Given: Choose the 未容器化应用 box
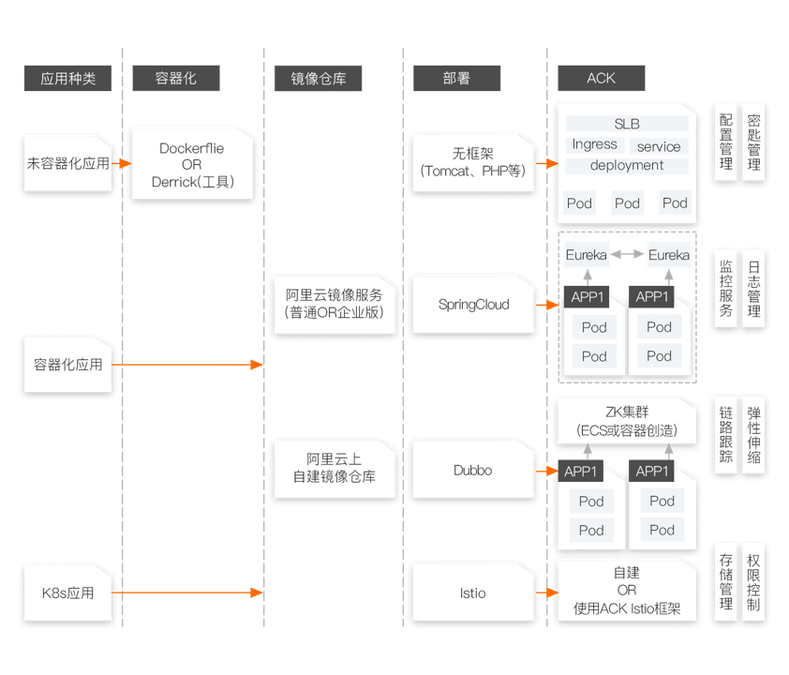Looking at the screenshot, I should pos(67,163).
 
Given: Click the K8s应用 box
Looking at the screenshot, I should pos(67,592).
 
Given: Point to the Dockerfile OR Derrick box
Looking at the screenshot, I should pos(192,164).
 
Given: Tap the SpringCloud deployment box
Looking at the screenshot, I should pos(473,305).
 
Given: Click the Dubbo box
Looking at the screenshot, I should pos(473,471).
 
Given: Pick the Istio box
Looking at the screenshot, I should pos(473,592).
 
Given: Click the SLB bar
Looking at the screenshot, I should pos(627,124).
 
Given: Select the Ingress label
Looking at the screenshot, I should pos(594,145).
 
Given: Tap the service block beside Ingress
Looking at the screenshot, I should pos(659,146).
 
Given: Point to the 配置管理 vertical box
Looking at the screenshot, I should pos(726,143).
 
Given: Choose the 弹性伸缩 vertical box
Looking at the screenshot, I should pos(754,436).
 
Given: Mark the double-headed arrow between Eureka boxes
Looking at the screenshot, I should pos(628,254).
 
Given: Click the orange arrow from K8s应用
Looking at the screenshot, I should pos(187,592).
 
